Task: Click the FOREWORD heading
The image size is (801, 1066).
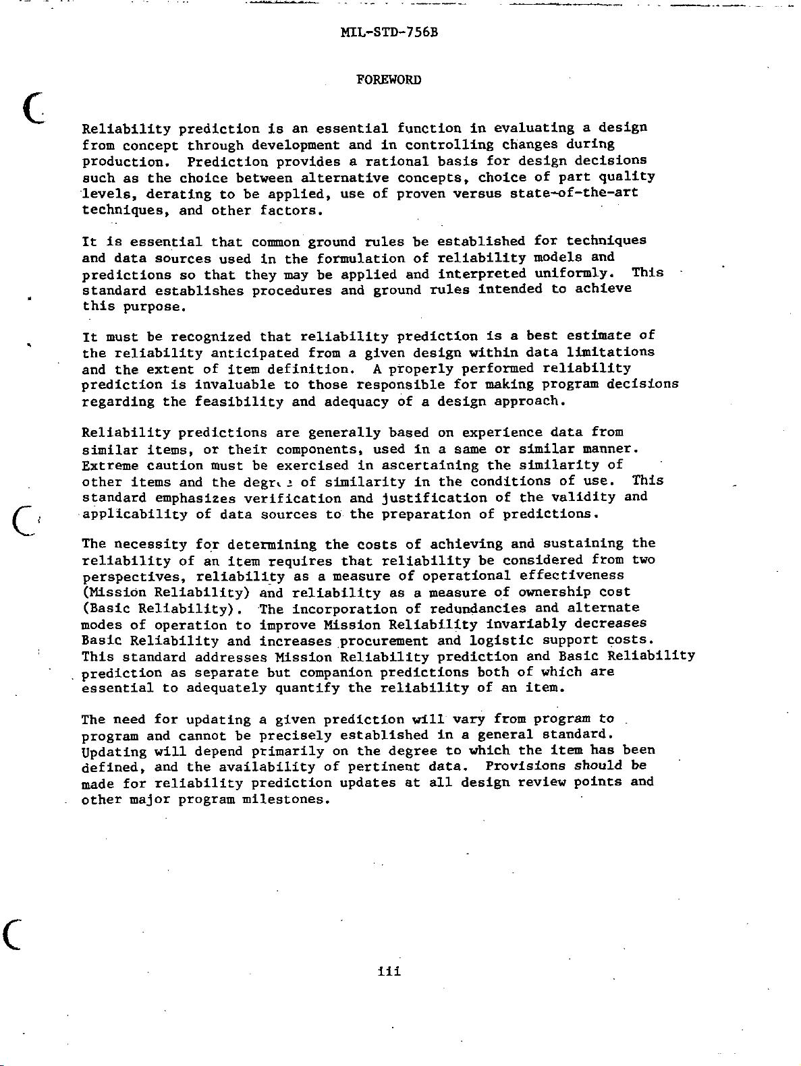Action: pyautogui.click(x=388, y=80)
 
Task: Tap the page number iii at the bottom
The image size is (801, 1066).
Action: pyautogui.click(x=389, y=972)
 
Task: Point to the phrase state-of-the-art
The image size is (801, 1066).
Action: pyautogui.click(x=574, y=194)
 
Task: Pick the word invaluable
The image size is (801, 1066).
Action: pyautogui.click(x=234, y=385)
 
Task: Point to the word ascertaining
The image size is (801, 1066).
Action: pyautogui.click(x=430, y=465)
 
